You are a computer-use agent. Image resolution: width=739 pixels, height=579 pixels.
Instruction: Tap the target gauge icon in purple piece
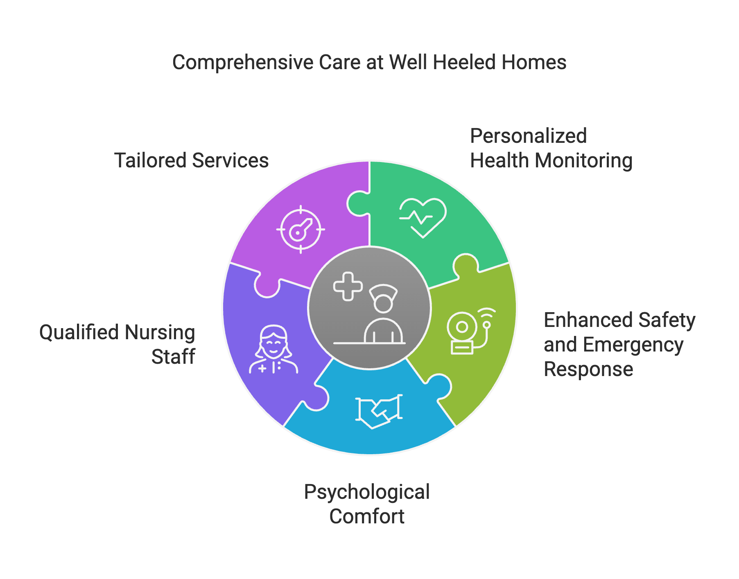coord(301,229)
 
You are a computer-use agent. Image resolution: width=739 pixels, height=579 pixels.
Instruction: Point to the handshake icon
coord(379,412)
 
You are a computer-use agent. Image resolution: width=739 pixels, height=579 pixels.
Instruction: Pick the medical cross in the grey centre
coord(348,286)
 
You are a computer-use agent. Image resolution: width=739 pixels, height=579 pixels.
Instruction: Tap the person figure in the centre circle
coord(384,315)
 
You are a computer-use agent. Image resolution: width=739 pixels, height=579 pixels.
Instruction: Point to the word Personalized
coord(528,136)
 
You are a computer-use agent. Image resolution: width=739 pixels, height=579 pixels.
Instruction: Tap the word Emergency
coord(633,345)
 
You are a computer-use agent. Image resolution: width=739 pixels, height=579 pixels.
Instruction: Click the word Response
coord(588,369)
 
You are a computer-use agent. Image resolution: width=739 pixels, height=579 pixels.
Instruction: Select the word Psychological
coord(367,492)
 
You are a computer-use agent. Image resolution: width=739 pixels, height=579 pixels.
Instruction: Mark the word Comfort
coord(367,516)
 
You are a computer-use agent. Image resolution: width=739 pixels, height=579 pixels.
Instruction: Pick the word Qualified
coord(79,332)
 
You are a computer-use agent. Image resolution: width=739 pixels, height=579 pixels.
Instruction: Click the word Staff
coord(174,357)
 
